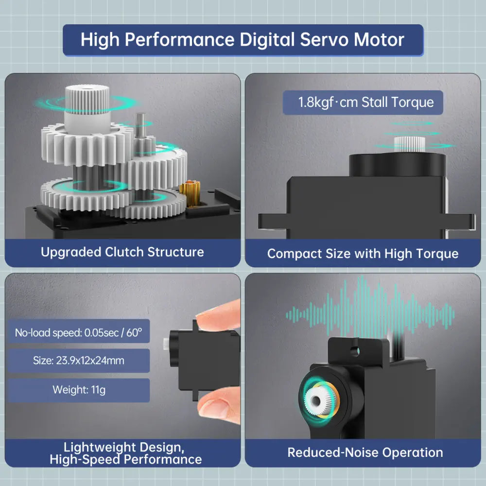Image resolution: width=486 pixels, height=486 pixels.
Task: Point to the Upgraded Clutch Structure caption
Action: click(122, 252)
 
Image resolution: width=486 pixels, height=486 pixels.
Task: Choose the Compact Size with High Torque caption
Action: click(363, 254)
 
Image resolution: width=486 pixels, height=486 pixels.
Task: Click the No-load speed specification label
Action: click(78, 333)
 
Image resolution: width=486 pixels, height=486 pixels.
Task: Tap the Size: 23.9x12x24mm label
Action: click(78, 361)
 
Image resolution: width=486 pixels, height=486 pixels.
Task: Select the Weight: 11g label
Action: click(78, 390)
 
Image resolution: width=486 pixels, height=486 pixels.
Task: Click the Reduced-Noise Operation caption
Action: click(365, 452)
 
